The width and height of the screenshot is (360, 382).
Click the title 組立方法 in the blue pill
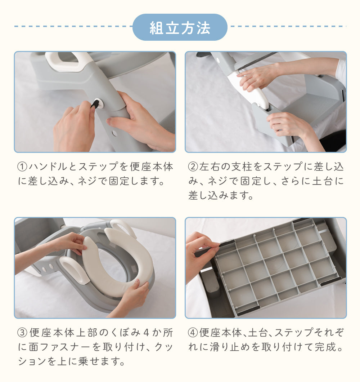click(x=180, y=28)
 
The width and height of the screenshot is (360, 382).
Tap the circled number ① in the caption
click(x=22, y=167)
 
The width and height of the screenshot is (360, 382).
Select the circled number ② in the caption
click(x=193, y=167)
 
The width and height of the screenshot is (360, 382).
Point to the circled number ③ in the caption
click(x=22, y=333)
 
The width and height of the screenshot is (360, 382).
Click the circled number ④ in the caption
click(x=193, y=333)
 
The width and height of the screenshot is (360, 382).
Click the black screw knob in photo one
click(x=95, y=104)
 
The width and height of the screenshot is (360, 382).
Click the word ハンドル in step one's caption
click(x=48, y=167)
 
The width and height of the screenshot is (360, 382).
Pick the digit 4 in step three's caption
click(x=146, y=333)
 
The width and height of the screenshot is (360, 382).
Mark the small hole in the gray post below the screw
click(x=114, y=133)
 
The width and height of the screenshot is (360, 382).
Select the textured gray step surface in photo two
click(x=314, y=107)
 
